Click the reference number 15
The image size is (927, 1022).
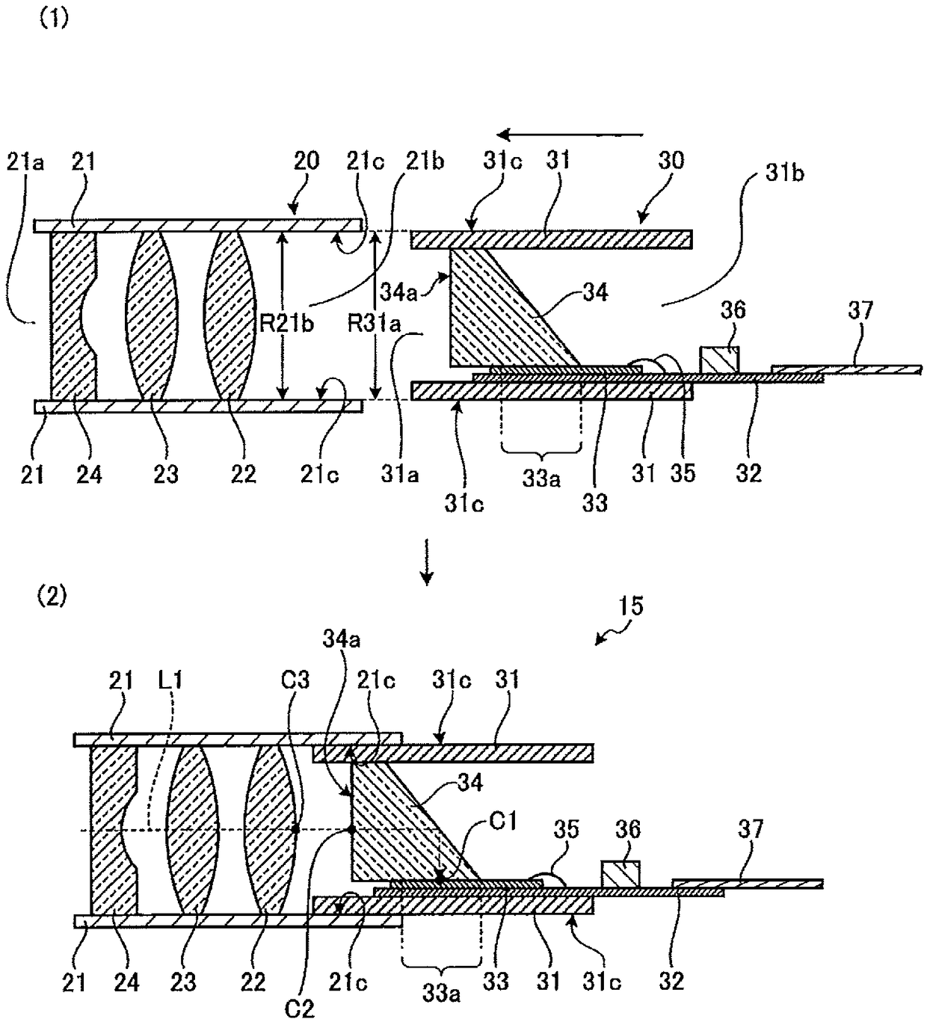631,606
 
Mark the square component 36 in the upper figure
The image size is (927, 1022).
719,360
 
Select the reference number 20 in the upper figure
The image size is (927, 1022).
307,160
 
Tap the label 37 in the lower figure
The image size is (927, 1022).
751,828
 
